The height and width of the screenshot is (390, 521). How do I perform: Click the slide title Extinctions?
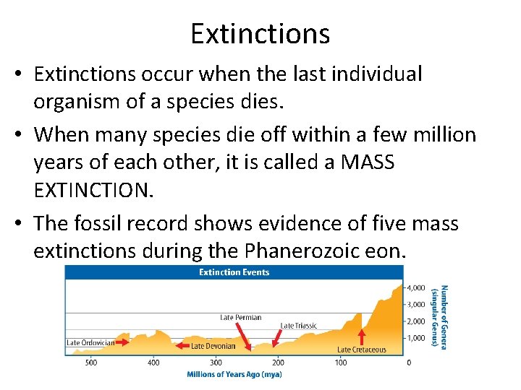260,33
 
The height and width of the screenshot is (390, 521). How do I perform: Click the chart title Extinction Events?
234,272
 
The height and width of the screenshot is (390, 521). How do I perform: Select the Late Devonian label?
213,346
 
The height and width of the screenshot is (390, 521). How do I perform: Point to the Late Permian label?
241,317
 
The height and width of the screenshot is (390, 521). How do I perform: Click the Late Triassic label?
298,326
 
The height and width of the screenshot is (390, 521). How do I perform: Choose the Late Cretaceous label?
361,350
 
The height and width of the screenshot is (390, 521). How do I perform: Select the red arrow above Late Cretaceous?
362,337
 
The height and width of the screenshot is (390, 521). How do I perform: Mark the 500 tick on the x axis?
91,362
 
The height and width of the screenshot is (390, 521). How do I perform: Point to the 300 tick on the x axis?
216,362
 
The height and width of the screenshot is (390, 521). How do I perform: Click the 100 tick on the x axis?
341,362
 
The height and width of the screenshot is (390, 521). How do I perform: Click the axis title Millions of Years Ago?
234,374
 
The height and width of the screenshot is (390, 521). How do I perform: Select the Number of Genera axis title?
439,316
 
